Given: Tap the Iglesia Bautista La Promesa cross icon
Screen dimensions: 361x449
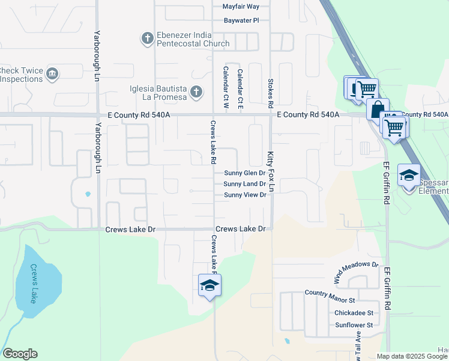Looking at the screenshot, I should pyautogui.click(x=195, y=92).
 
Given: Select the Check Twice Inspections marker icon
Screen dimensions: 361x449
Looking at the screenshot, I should pyautogui.click(x=52, y=74).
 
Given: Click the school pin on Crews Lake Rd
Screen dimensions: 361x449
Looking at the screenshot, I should pyautogui.click(x=209, y=285).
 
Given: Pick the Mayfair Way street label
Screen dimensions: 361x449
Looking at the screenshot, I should pyautogui.click(x=241, y=7).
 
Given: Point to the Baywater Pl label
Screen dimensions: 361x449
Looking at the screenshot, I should pyautogui.click(x=241, y=20).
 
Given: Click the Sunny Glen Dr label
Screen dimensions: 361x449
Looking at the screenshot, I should pyautogui.click(x=244, y=173).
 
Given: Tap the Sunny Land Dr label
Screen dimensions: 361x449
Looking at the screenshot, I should pyautogui.click(x=244, y=184).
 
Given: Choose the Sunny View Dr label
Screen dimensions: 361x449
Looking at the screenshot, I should pyautogui.click(x=244, y=195).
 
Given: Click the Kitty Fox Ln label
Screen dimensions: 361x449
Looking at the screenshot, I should pyautogui.click(x=271, y=171).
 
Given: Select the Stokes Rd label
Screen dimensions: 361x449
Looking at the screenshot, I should pyautogui.click(x=271, y=88).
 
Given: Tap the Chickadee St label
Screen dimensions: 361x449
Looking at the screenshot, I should pyautogui.click(x=354, y=313).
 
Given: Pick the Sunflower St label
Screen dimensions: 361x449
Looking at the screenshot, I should pyautogui.click(x=354, y=325).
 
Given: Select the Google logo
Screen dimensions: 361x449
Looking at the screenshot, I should pyautogui.click(x=20, y=354).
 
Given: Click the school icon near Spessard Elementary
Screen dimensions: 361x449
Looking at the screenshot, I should pyautogui.click(x=409, y=175).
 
